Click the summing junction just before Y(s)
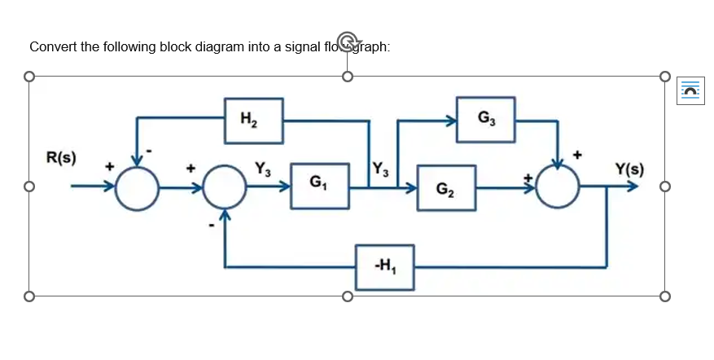coord(558,187)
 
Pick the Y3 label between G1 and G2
coord(380,171)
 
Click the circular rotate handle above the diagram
coord(348,40)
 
